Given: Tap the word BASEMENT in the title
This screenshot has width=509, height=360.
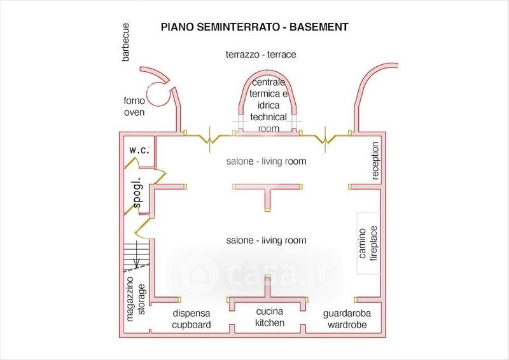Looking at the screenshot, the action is click(319, 27).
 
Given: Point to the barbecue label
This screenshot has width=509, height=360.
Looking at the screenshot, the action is click(125, 42).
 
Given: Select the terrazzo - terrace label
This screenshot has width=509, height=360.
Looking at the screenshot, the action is click(261, 54).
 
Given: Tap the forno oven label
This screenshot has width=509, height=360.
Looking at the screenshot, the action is click(134, 106).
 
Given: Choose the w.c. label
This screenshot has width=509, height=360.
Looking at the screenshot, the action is click(139, 150).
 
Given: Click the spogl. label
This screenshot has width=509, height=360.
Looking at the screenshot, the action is click(137, 193).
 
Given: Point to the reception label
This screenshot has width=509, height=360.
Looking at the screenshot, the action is click(375, 161).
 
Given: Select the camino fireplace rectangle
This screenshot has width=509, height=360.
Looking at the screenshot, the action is click(369, 243).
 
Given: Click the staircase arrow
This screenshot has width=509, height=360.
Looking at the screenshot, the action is click(137, 255).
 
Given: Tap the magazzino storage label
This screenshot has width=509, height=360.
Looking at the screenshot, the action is click(136, 299).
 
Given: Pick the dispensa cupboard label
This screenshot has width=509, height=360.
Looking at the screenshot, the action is click(192, 319).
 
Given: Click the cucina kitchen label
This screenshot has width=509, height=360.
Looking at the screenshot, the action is click(269, 317).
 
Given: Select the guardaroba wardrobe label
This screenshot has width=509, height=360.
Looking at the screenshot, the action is click(347, 319).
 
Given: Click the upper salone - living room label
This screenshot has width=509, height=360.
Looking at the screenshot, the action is click(266, 162).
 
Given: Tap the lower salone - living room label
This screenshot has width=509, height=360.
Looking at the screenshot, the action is click(266, 240).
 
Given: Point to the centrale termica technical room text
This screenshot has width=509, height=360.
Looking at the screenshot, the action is click(268, 106).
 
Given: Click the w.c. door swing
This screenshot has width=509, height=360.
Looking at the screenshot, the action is click(132, 162).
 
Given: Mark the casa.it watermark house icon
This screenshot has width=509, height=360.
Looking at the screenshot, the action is click(203, 275).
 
